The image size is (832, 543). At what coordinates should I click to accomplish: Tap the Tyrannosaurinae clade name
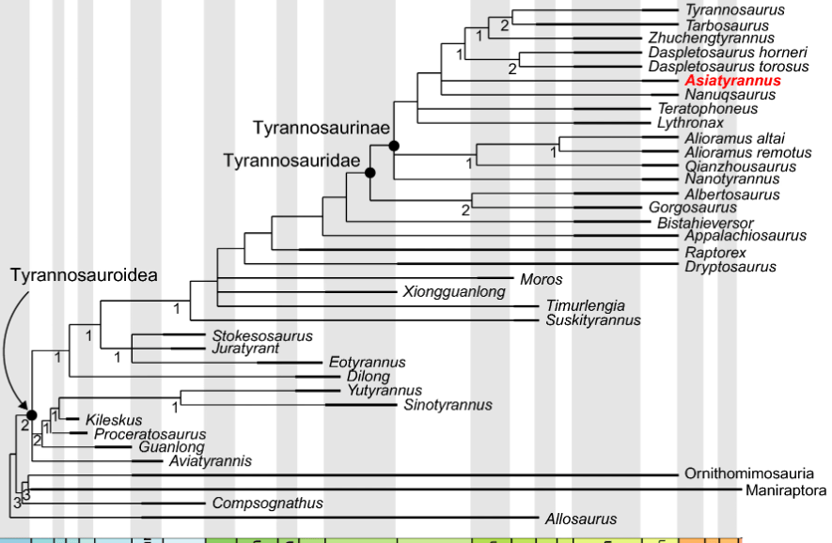click(320, 127)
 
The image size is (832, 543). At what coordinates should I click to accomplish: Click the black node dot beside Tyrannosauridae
click(370, 173)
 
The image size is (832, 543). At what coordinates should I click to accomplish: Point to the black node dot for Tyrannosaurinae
click(394, 145)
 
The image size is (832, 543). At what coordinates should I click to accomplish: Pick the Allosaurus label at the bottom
click(581, 519)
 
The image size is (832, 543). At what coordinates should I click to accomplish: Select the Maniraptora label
click(786, 490)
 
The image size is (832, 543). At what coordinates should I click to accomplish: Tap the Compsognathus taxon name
click(267, 504)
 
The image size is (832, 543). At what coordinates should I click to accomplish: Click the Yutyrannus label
click(385, 391)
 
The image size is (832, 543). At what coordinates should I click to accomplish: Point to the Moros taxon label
click(541, 280)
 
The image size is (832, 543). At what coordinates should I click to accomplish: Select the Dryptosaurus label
click(731, 267)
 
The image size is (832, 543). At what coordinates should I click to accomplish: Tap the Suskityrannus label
click(593, 320)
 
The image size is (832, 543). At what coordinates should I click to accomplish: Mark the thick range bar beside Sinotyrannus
click(361, 406)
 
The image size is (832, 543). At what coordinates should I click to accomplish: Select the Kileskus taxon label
click(114, 419)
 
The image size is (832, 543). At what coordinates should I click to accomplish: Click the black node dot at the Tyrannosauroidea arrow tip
click(30, 414)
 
